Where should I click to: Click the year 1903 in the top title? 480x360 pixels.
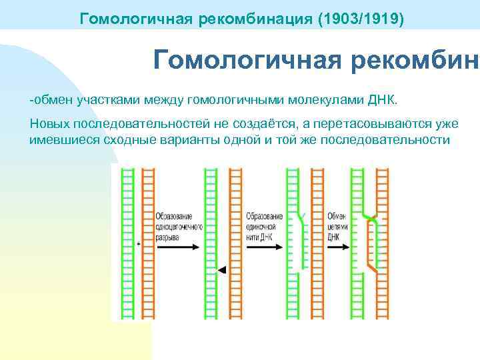click(x=335, y=17)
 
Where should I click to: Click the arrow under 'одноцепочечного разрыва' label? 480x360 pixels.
click(x=177, y=246)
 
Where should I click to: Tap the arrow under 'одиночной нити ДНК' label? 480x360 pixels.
click(x=263, y=246)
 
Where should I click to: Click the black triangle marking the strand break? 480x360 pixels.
click(x=223, y=269)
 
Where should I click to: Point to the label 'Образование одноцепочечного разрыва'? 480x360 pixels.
click(x=174, y=226)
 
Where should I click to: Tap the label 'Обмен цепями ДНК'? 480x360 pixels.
click(x=336, y=226)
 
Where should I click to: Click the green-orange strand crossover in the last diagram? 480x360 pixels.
click(x=369, y=218)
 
